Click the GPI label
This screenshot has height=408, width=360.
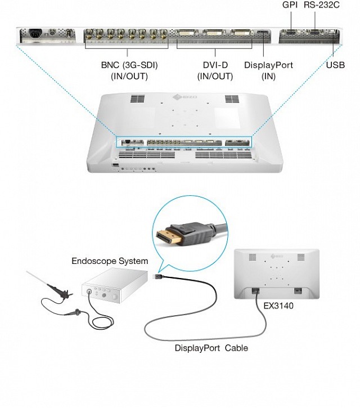290,5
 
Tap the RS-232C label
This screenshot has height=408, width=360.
321,5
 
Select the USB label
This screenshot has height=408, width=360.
335,65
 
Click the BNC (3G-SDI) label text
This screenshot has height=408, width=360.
129,65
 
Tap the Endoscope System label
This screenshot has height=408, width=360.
110,261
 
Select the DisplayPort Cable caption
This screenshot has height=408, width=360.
211,348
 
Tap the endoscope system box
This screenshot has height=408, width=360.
110,287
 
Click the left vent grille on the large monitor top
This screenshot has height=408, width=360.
138,99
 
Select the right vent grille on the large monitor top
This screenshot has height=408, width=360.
232,99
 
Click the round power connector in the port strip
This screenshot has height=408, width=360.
32,34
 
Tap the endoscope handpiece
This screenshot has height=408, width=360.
58,292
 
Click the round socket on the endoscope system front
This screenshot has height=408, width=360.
88,292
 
